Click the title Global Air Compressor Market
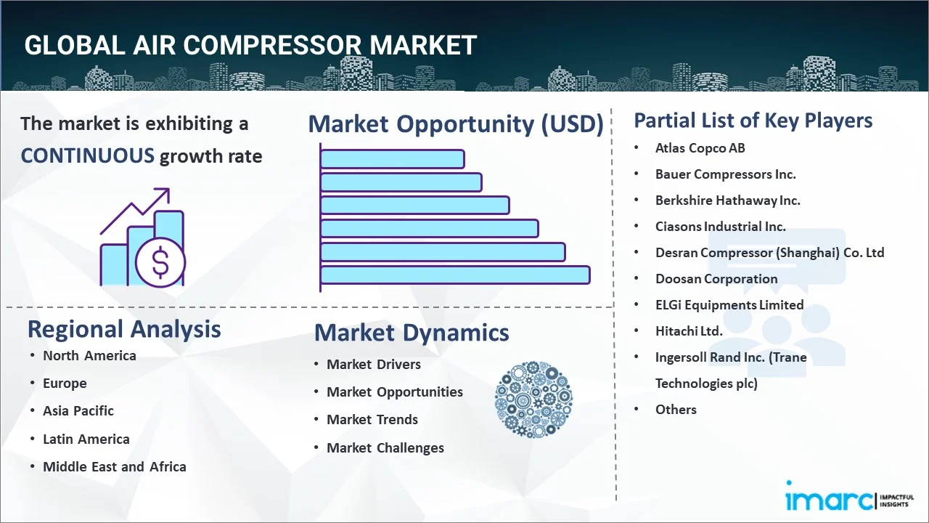pyautogui.click(x=250, y=45)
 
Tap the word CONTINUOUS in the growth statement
pyautogui.click(x=87, y=155)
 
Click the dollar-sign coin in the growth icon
pyautogui.click(x=160, y=264)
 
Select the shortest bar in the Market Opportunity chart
pyautogui.click(x=392, y=158)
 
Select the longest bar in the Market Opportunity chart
pyautogui.click(x=455, y=275)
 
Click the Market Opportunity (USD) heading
pyautogui.click(x=456, y=124)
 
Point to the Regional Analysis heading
pyautogui.click(x=124, y=329)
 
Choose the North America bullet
pyautogui.click(x=89, y=355)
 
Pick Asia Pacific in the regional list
pyautogui.click(x=78, y=410)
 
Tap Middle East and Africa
pyautogui.click(x=114, y=466)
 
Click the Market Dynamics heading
pyautogui.click(x=412, y=333)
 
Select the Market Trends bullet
pyautogui.click(x=372, y=419)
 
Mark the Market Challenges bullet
pyautogui.click(x=385, y=447)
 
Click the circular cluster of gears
pyautogui.click(x=533, y=400)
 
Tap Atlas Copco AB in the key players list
pyautogui.click(x=700, y=147)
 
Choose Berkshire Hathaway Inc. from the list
pyautogui.click(x=727, y=200)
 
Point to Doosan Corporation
pyautogui.click(x=716, y=278)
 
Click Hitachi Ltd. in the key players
pyautogui.click(x=689, y=331)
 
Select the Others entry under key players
pyautogui.click(x=676, y=409)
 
